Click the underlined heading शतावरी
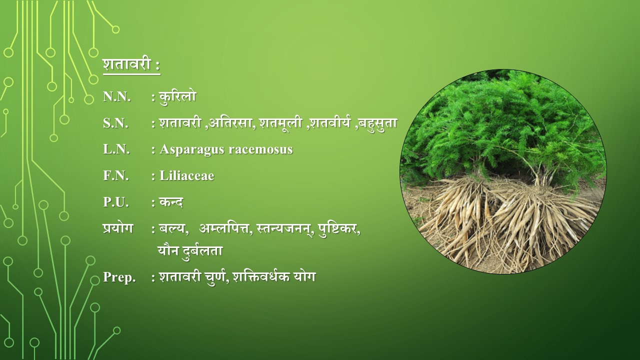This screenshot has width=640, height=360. (127, 64)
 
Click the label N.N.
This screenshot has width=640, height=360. (117, 97)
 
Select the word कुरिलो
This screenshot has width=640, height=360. (177, 97)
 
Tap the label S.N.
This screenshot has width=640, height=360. (115, 123)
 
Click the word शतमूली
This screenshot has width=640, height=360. (281, 123)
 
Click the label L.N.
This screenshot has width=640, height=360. (116, 149)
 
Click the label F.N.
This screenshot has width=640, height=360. (115, 175)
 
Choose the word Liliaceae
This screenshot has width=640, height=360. (187, 175)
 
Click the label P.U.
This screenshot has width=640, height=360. (115, 202)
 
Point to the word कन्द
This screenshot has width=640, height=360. (171, 202)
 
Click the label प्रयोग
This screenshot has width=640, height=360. (118, 228)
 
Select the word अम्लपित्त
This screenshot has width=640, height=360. (224, 228)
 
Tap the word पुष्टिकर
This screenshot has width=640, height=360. (337, 229)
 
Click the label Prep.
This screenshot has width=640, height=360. (119, 277)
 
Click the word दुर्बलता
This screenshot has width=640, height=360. (202, 251)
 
